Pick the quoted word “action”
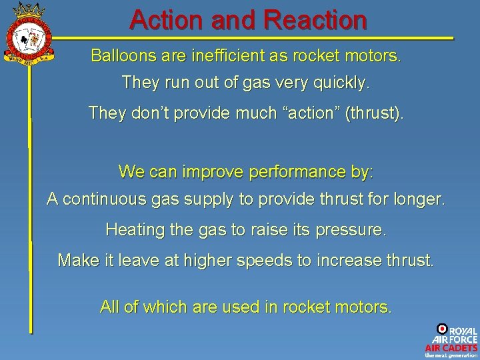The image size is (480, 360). [315, 113]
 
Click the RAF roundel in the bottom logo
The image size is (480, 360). [442, 329]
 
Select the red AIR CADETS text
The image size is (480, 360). [451, 347]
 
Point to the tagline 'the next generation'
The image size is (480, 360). [451, 355]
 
